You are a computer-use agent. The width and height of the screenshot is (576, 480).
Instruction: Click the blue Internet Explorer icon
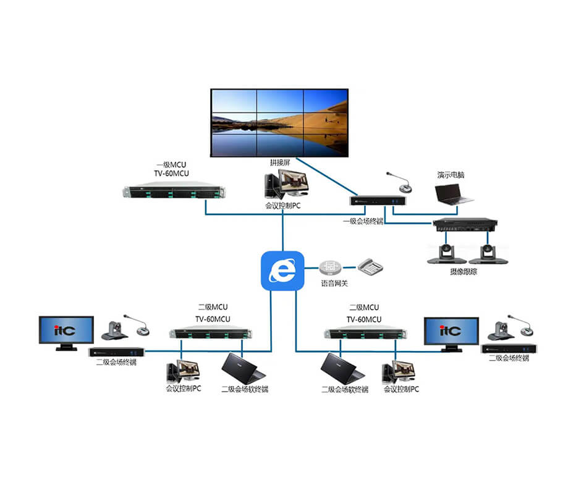click(x=283, y=271)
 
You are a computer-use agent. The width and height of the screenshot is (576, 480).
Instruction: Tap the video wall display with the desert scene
click(x=279, y=122)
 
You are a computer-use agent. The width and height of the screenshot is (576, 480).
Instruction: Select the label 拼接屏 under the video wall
click(x=279, y=162)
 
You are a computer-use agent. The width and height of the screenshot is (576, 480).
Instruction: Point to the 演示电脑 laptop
click(x=454, y=193)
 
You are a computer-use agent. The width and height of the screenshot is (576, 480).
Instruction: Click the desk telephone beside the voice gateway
click(x=371, y=267)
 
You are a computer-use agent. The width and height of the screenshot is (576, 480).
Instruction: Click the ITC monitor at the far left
click(x=66, y=332)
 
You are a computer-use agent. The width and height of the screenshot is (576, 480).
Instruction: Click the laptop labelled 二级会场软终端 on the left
click(x=243, y=368)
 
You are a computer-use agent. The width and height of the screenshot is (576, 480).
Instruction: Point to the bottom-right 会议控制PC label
click(x=401, y=389)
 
